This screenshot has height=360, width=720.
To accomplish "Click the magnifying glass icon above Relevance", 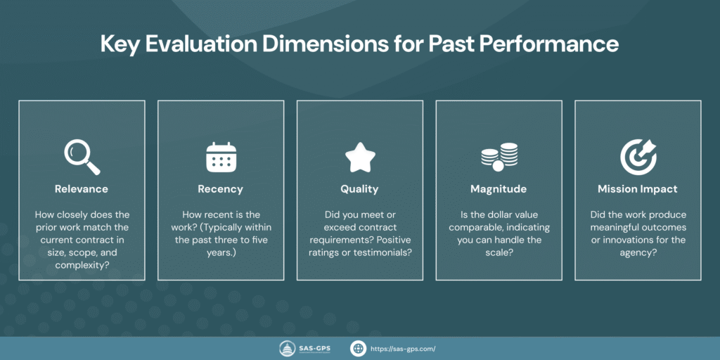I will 82,156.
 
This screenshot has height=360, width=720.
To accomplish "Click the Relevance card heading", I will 82,188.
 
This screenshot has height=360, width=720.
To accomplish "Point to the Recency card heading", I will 221,188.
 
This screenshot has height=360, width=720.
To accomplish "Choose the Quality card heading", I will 359,188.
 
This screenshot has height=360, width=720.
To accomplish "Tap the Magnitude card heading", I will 499,188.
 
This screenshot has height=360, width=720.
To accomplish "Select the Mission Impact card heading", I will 638,188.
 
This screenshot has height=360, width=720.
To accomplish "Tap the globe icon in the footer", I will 359,348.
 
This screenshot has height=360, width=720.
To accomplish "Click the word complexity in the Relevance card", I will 82,252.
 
